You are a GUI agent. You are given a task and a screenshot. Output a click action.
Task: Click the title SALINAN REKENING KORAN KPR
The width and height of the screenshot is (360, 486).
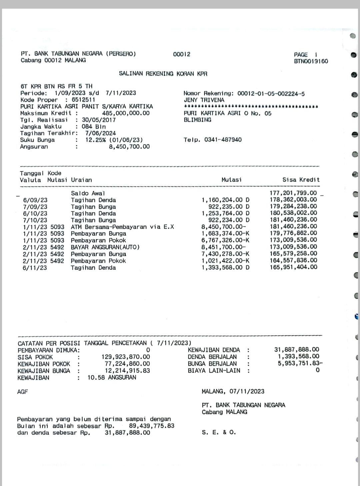click(x=163, y=74)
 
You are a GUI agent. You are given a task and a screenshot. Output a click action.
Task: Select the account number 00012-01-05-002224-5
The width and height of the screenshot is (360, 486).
click(x=271, y=94)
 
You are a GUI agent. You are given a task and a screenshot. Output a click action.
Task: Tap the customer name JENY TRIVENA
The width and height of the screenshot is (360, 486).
click(x=204, y=100)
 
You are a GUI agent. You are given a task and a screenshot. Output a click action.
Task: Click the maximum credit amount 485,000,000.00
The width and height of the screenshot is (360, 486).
click(x=126, y=113)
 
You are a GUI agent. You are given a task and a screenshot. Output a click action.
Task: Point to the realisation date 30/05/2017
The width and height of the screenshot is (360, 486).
click(x=99, y=120)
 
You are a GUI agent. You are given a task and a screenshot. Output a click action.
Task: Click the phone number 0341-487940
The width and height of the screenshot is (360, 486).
click(x=223, y=140)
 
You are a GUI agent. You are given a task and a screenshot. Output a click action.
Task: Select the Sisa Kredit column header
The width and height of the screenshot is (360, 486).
click(x=301, y=180)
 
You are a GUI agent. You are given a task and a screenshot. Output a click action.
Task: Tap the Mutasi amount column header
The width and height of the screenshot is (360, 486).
click(x=232, y=180)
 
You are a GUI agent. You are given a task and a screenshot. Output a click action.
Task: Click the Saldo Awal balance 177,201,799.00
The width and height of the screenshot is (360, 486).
click(x=293, y=193)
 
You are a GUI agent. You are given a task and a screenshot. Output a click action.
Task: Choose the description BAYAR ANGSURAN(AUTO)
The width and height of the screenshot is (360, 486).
click(x=105, y=247)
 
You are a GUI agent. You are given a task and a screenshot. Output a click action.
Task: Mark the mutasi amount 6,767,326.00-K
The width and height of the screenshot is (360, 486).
click(x=225, y=240)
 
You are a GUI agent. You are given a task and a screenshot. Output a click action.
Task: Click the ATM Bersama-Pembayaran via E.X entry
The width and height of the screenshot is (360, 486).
click(x=122, y=227)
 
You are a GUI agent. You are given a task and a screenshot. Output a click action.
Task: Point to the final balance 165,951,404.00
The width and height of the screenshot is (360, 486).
click(x=293, y=267)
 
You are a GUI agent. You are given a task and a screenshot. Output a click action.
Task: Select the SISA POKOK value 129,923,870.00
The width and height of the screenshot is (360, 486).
click(x=126, y=357)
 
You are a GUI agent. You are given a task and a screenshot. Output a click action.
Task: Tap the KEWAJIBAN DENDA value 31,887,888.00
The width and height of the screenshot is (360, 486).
click(x=296, y=350)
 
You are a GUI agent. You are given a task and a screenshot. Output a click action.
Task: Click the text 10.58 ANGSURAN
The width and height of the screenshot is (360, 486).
click(x=112, y=377)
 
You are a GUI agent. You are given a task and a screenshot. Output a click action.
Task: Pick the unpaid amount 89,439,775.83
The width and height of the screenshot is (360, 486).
click(x=152, y=426)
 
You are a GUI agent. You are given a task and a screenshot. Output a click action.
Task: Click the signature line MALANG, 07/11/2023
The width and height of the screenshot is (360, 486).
click(x=233, y=391)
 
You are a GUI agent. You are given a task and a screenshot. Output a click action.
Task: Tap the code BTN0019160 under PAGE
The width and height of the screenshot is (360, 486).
click(x=311, y=61)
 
